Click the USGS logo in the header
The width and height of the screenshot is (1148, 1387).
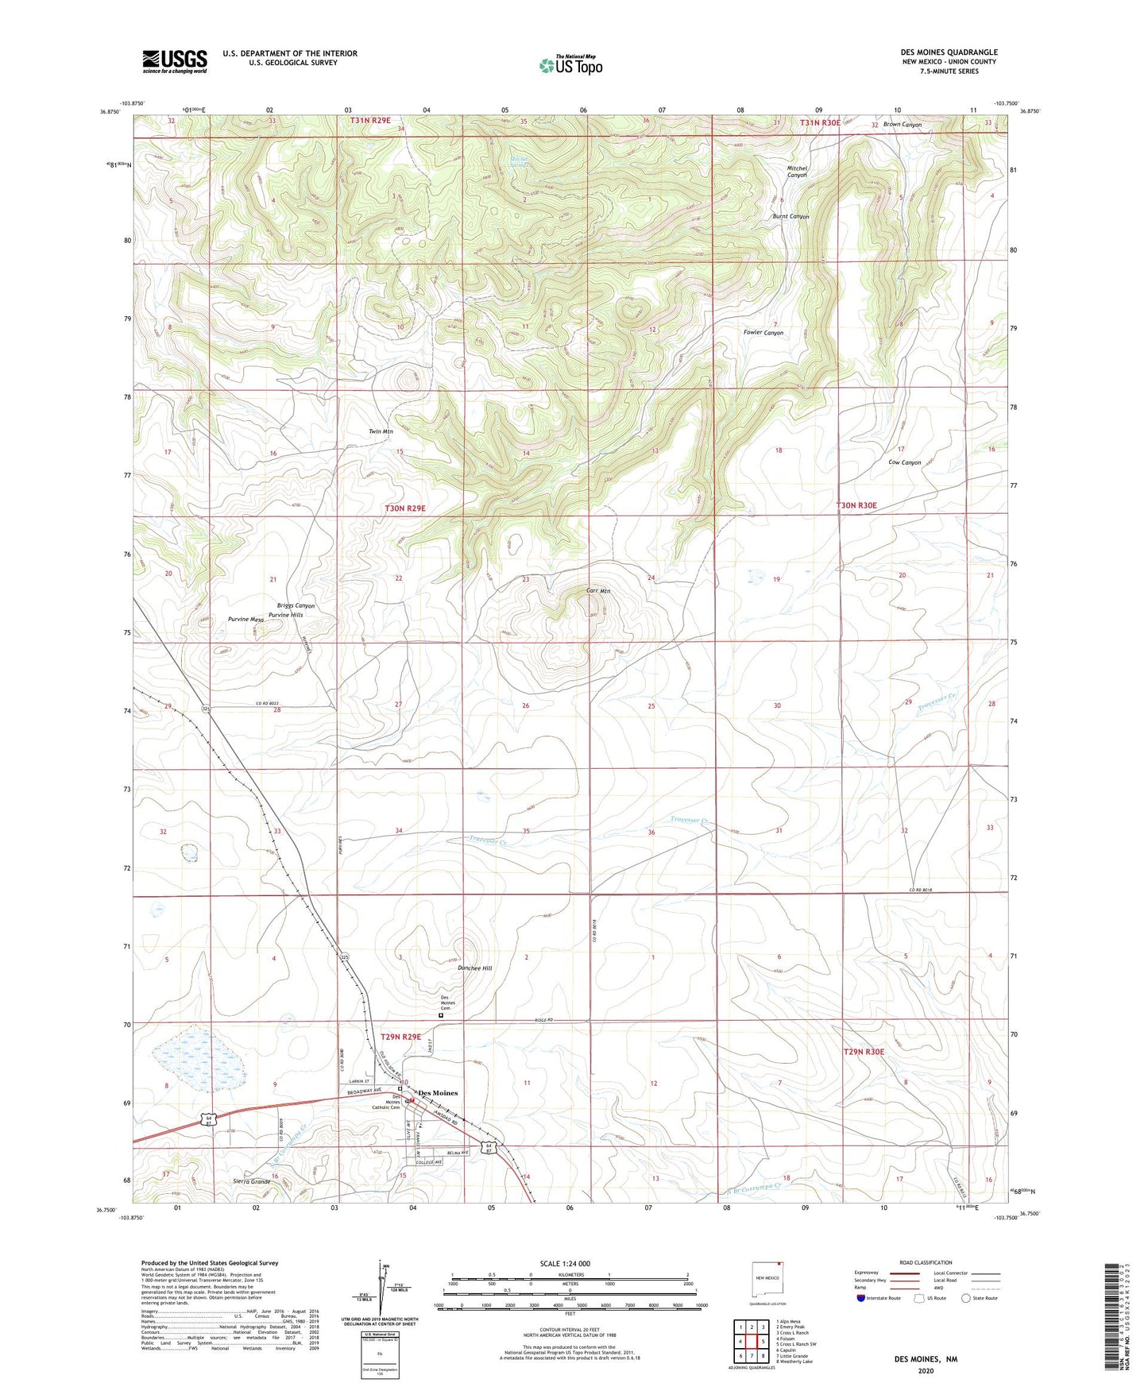(x=175, y=61)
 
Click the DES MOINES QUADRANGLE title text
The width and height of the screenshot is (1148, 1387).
(x=949, y=52)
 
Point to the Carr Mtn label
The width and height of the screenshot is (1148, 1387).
(x=597, y=591)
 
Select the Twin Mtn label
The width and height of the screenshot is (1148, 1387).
(x=381, y=431)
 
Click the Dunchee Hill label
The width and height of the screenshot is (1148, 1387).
(x=475, y=968)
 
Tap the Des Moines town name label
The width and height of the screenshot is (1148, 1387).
(x=438, y=1093)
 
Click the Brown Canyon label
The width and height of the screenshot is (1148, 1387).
(x=902, y=125)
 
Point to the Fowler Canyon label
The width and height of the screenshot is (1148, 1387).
(x=763, y=333)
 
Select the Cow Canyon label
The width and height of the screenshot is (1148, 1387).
(x=904, y=462)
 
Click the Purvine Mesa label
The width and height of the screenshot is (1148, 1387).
(x=245, y=619)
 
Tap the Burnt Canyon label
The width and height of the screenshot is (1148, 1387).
(x=790, y=216)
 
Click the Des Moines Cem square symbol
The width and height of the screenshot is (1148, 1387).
(x=441, y=1014)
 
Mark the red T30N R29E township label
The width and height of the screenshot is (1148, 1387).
(x=405, y=508)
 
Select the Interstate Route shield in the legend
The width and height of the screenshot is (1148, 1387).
(x=861, y=1298)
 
